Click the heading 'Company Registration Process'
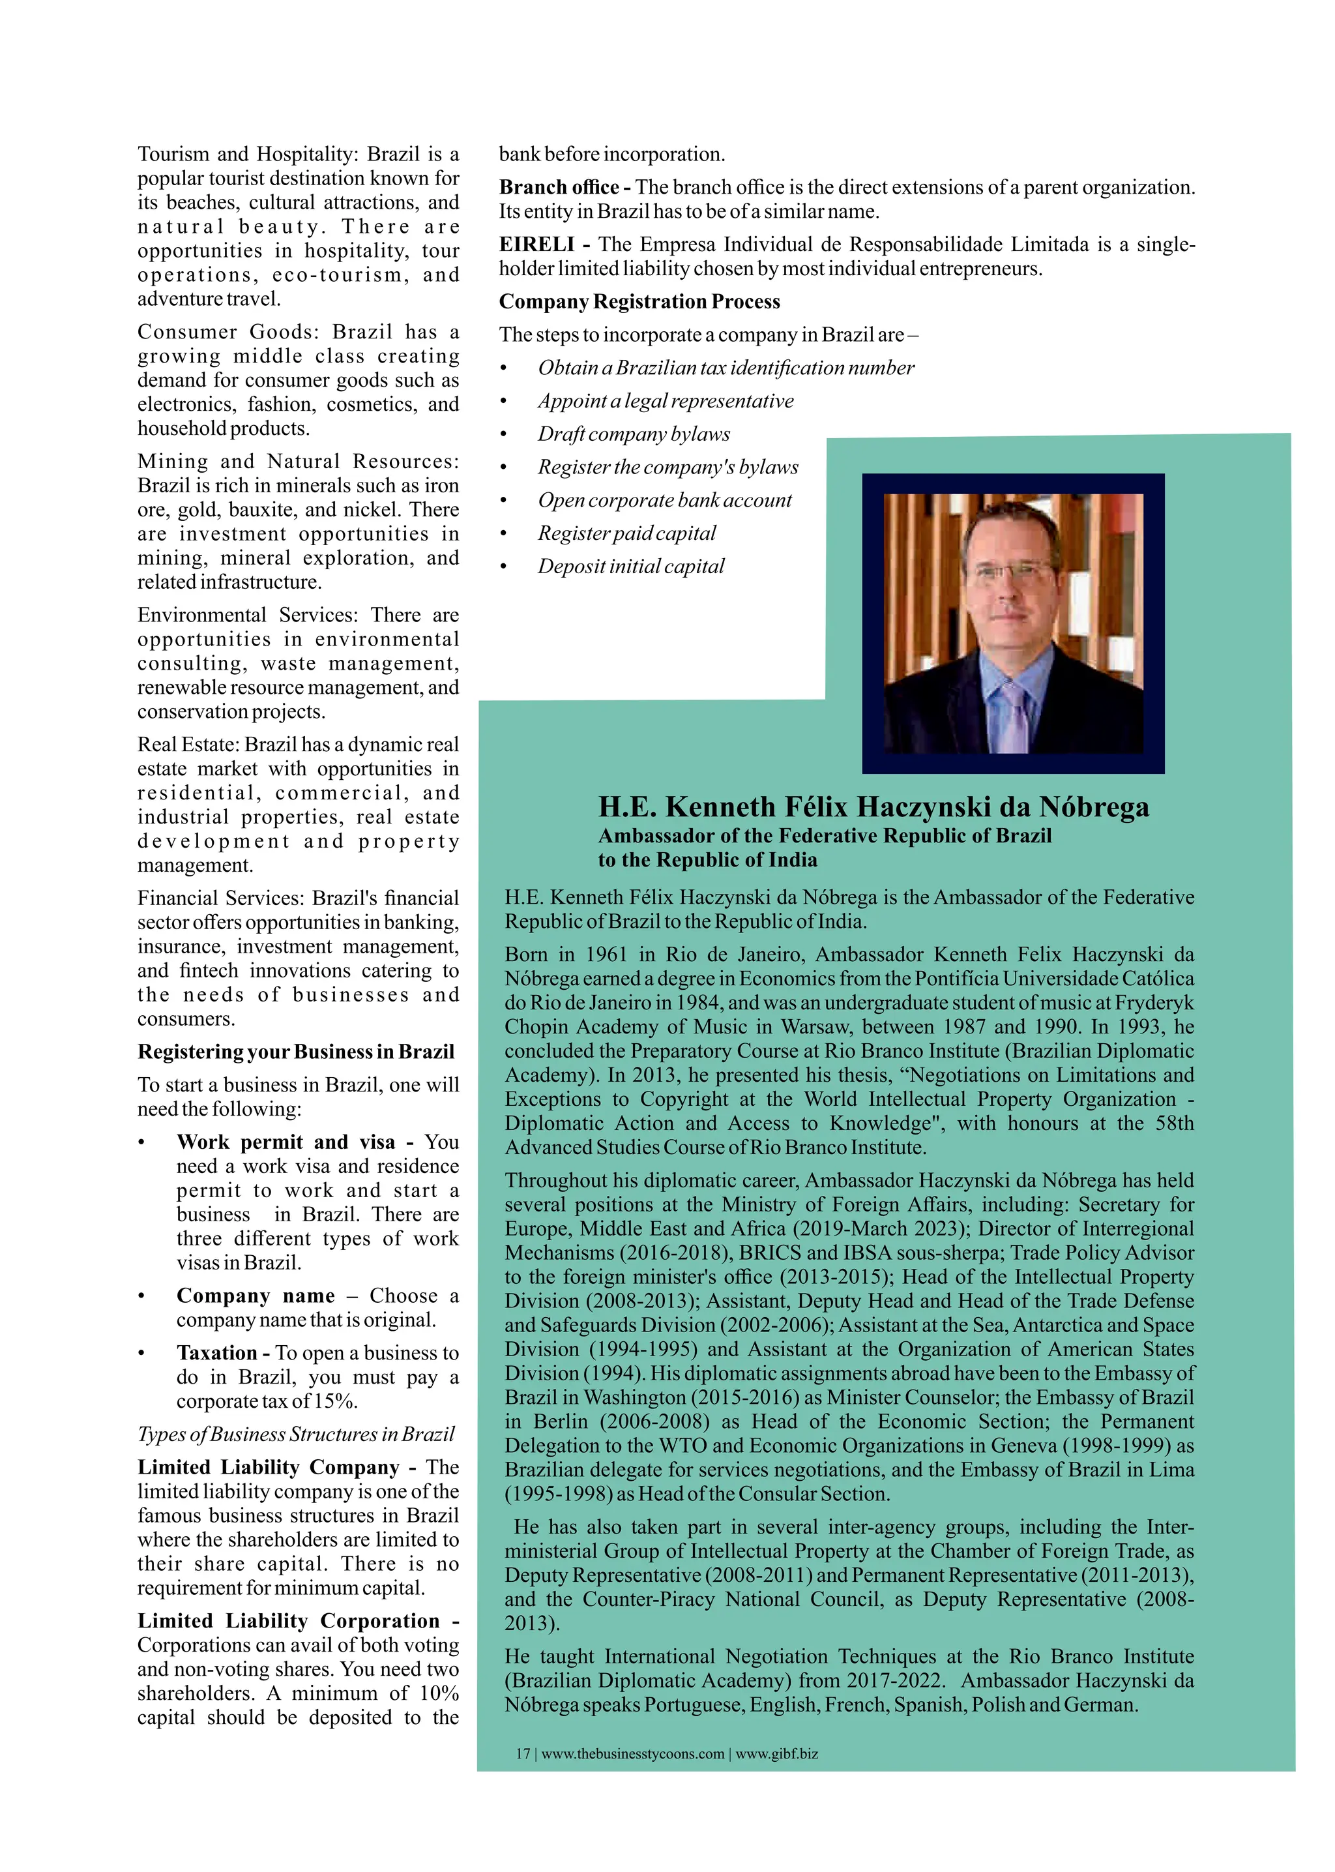(639, 302)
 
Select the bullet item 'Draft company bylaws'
(633, 434)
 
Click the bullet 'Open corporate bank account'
(664, 500)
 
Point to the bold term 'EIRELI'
(536, 244)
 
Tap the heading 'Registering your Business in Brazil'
(295, 1052)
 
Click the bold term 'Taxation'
(217, 1353)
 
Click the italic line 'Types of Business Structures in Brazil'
(295, 1434)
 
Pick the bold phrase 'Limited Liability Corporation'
(289, 1620)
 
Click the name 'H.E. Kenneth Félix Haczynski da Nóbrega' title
(873, 807)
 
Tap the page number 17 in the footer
(523, 1753)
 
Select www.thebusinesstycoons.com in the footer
(632, 1753)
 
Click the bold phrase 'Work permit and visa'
(286, 1142)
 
